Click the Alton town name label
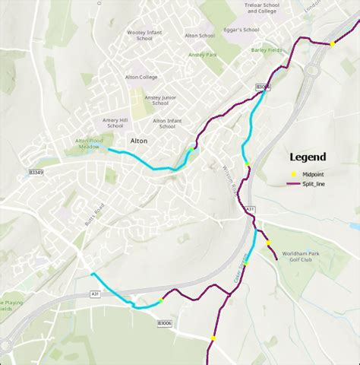(138, 141)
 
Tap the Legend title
(307, 157)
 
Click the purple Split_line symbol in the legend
(292, 184)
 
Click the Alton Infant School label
(169, 123)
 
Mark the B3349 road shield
(36, 172)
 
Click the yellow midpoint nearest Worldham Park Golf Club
(268, 243)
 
